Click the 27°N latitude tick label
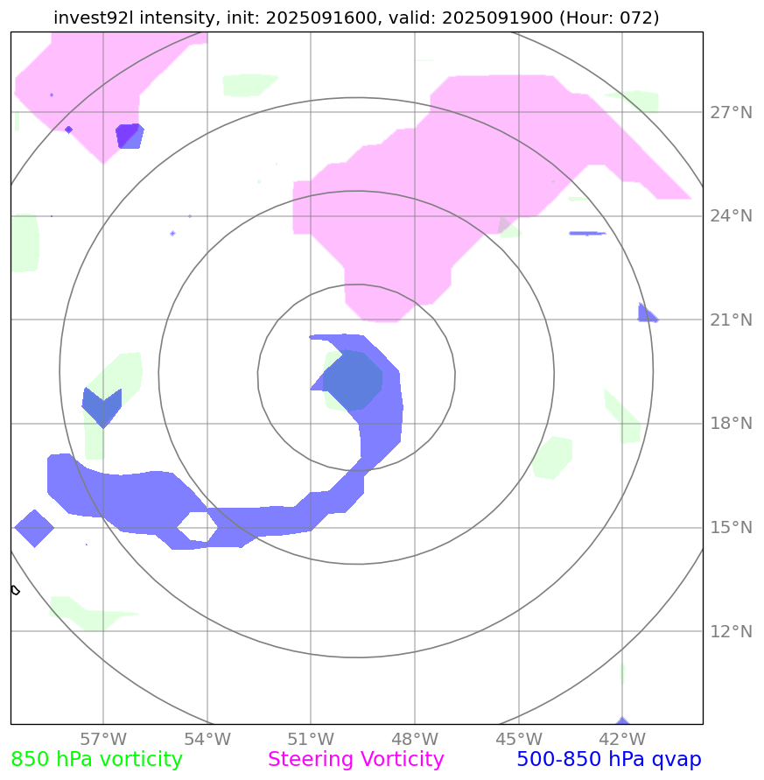pyautogui.click(x=730, y=113)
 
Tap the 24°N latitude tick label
pyautogui.click(x=730, y=216)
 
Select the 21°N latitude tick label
pyautogui.click(x=730, y=320)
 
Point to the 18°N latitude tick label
pyautogui.click(x=730, y=424)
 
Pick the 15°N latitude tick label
pyautogui.click(x=730, y=528)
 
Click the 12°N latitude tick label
pyautogui.click(x=730, y=631)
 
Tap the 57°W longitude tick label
pyautogui.click(x=103, y=739)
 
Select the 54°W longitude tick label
pyautogui.click(x=207, y=739)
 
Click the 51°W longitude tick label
pyautogui.click(x=311, y=739)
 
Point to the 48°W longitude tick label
pyautogui.click(x=415, y=739)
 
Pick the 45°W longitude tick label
pyautogui.click(x=518, y=739)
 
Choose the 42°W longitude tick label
pyautogui.click(x=622, y=739)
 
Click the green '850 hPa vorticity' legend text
pyautogui.click(x=96, y=760)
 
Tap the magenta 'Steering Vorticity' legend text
pyautogui.click(x=356, y=760)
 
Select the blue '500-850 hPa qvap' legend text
pyautogui.click(x=609, y=760)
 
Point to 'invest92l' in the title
pyautogui.click(x=89, y=18)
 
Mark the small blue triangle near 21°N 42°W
pyautogui.click(x=646, y=314)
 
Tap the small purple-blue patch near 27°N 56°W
pyautogui.click(x=129, y=136)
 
